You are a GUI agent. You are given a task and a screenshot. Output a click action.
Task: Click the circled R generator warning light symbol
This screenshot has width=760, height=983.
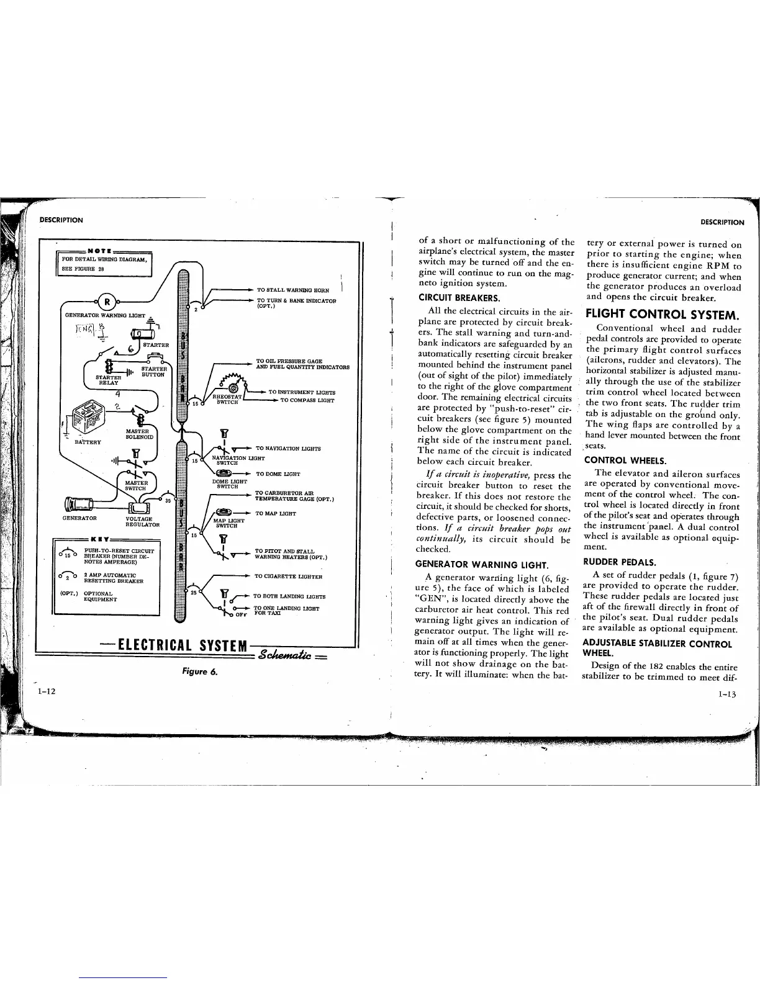coord(107,303)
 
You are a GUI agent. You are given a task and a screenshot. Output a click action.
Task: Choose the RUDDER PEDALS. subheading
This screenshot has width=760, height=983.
coord(612,562)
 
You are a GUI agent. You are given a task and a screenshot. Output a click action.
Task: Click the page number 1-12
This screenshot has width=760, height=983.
coord(47,691)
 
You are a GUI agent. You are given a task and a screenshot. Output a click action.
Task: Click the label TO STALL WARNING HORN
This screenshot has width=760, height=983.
coord(292,290)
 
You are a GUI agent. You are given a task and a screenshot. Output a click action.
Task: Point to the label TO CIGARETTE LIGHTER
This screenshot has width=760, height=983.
coord(288,577)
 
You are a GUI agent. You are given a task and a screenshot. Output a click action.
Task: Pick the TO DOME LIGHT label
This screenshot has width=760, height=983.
coord(278,474)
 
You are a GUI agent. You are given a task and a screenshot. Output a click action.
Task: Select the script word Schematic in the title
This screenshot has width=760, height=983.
coord(292,655)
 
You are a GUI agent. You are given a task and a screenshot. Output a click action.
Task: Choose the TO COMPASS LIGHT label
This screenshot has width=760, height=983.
coord(308,400)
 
